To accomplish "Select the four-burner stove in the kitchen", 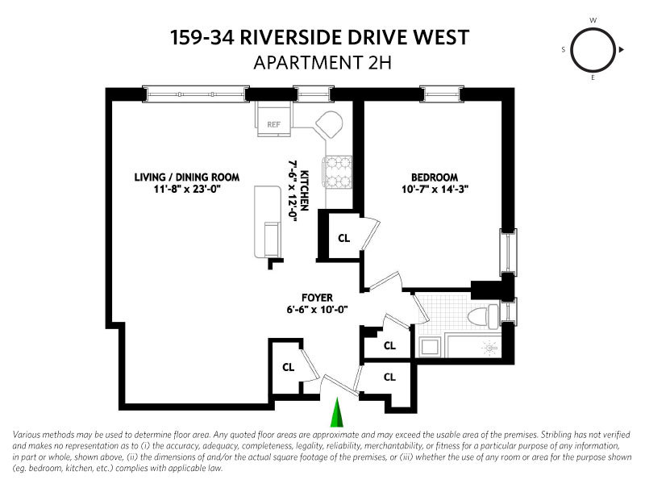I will (339, 171).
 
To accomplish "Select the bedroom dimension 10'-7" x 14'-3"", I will (434, 191).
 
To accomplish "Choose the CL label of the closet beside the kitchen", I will (343, 238).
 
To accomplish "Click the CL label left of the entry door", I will (288, 366).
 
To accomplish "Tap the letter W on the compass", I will (593, 19).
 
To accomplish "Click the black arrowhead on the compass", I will (622, 50).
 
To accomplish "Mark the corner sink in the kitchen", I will (329, 125).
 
